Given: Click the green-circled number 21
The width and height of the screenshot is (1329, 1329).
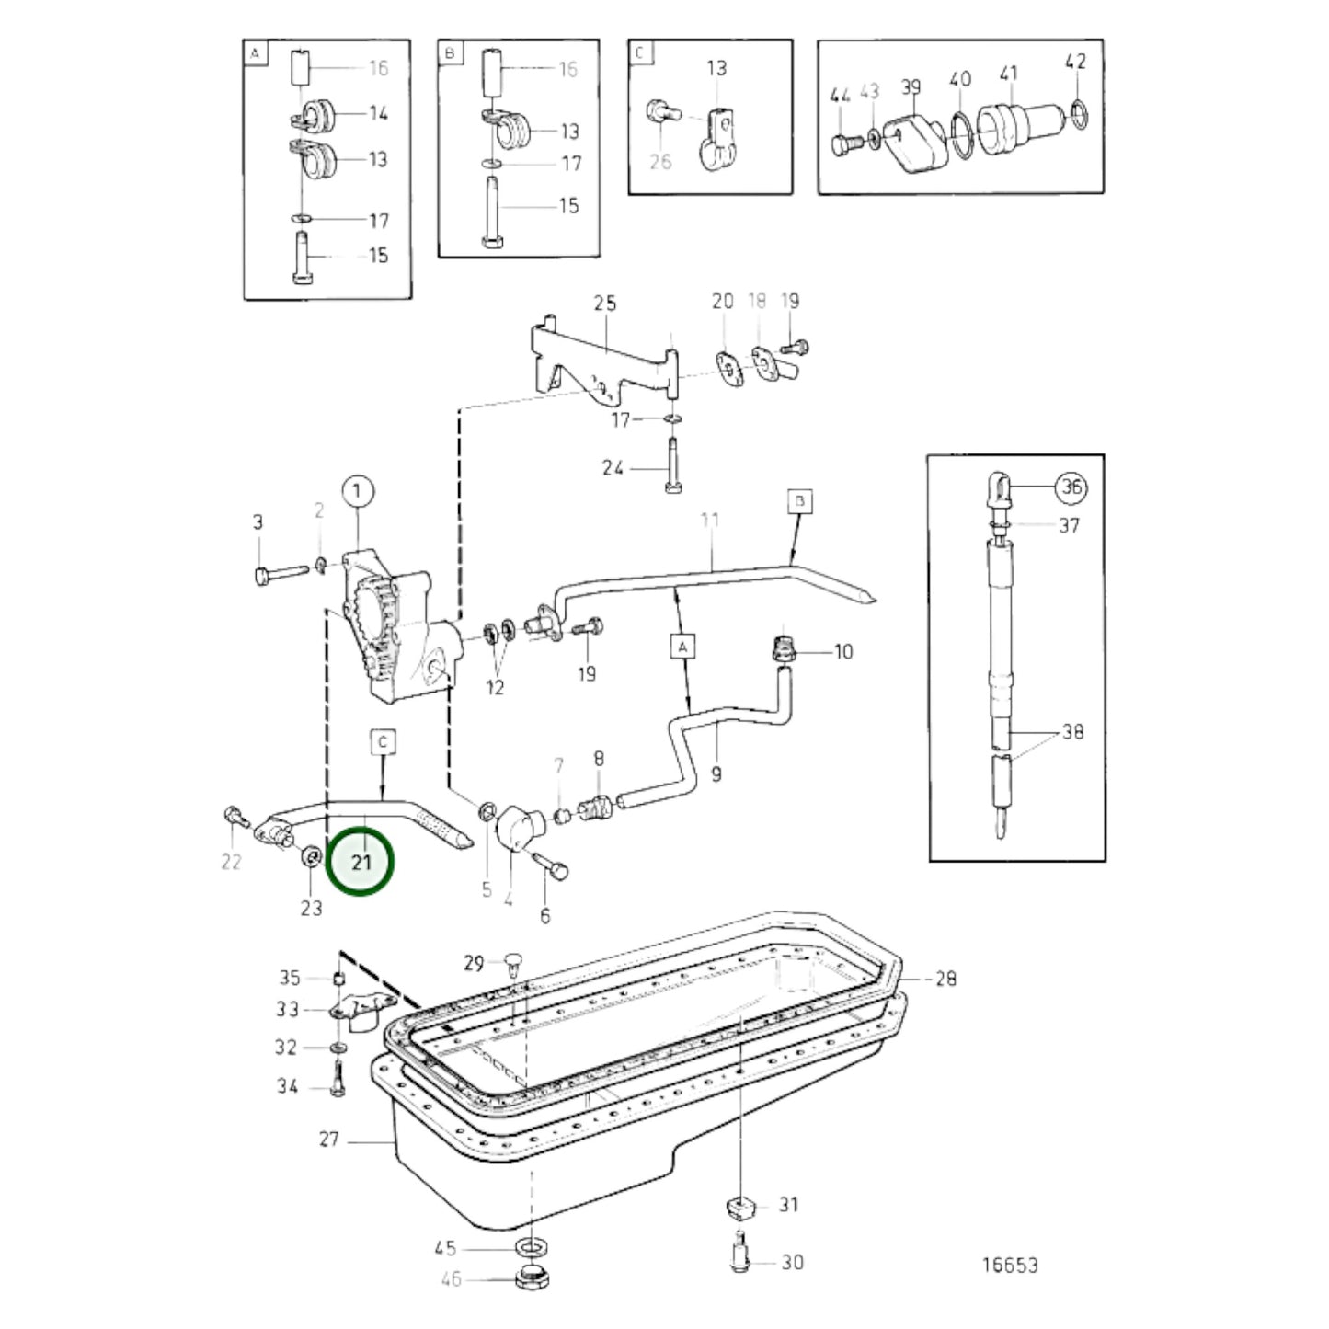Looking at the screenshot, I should click(361, 862).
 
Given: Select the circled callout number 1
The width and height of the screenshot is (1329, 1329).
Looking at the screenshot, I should click(358, 491).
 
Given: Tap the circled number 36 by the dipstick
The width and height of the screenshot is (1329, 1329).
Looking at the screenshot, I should click(1071, 487).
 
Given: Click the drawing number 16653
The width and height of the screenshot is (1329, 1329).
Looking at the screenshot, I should click(1009, 1265).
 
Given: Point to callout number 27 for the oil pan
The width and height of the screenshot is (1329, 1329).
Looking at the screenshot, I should click(329, 1139).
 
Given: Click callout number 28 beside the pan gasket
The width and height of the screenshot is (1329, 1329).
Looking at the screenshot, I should click(945, 979).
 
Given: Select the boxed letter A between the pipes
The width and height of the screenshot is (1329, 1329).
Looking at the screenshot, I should click(682, 647).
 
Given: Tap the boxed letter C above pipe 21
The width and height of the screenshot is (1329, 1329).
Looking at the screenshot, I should click(383, 741).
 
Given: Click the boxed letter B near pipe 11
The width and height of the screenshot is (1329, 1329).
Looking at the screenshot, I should click(799, 501).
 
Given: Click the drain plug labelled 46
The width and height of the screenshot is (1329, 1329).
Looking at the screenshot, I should click(531, 1279).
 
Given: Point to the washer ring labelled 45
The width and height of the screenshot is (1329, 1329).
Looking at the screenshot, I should click(531, 1249).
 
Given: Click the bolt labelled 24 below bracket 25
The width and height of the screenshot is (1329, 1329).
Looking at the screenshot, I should click(672, 467).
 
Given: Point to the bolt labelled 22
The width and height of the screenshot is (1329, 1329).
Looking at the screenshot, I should click(235, 816).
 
